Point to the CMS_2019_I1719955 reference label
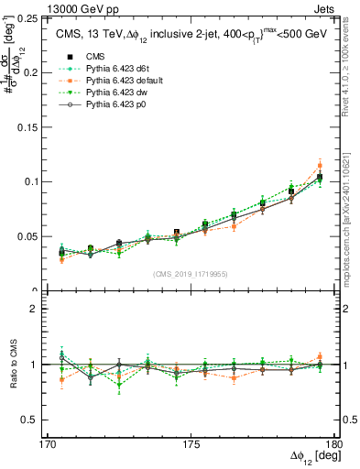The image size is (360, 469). click(191, 273)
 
